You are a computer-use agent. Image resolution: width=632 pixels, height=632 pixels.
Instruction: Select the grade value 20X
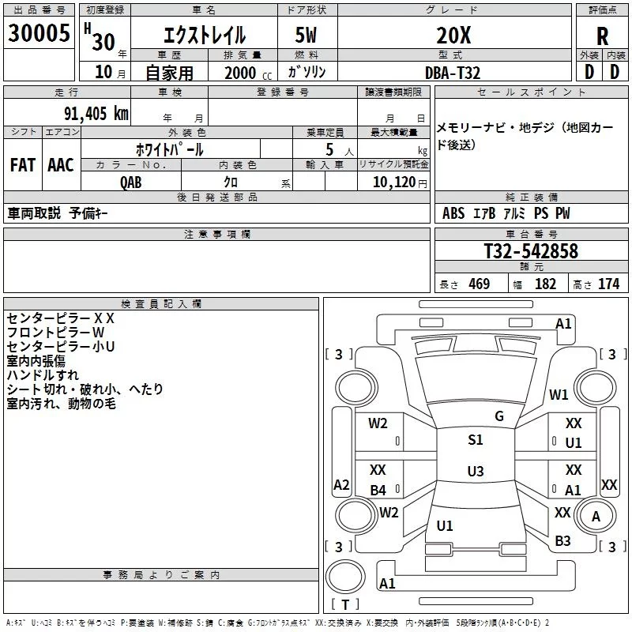pos(453,35)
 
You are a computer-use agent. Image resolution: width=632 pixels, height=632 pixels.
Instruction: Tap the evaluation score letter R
pos(602,36)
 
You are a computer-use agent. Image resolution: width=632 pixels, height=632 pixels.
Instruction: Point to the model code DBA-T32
pos(453,73)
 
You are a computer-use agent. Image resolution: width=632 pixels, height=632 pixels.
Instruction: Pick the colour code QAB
pos(132,181)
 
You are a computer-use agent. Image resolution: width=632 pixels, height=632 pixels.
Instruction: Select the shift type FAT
pos(23,165)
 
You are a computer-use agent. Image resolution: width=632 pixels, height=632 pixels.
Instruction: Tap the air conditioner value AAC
pos(61,165)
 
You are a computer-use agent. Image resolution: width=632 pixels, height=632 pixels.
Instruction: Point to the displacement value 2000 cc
pos(243,73)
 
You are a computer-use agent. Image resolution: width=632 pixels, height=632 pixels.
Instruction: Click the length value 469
pos(479,284)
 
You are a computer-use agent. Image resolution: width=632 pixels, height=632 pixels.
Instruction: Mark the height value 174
pos(608,284)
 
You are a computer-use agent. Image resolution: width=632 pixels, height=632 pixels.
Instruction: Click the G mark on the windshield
pos(498,416)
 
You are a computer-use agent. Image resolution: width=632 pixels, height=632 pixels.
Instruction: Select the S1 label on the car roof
pos(475,440)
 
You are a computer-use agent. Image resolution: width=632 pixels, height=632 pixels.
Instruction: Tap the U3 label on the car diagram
pos(475,472)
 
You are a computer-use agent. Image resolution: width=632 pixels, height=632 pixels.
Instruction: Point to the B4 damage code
pos(378,491)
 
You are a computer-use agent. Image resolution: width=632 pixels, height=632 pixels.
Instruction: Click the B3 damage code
pos(562,541)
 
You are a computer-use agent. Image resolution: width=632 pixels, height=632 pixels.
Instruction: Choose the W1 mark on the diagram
pos(559,395)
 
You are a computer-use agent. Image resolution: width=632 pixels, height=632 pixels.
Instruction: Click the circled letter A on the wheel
pos(596,516)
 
